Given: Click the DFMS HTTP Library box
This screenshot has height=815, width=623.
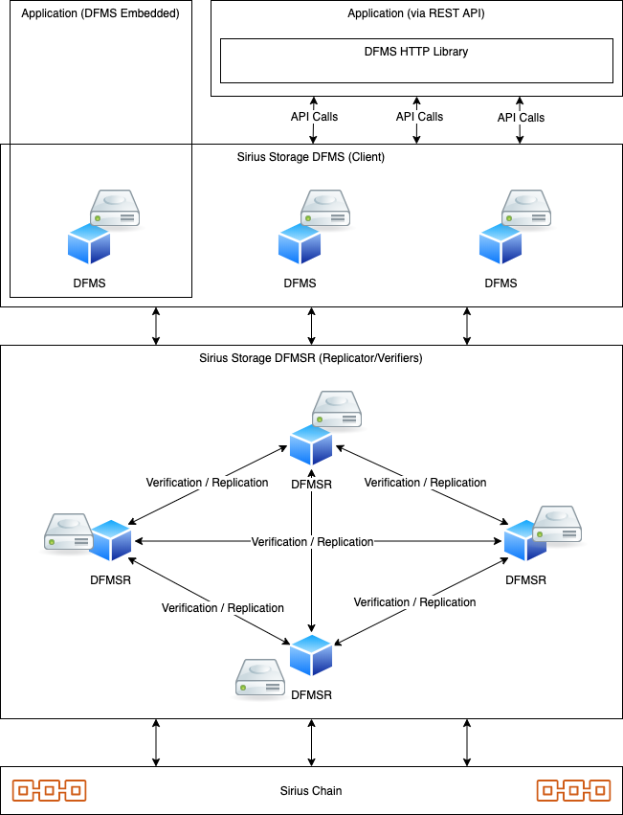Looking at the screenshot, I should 416,61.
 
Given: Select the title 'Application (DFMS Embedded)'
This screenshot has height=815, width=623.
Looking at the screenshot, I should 100,14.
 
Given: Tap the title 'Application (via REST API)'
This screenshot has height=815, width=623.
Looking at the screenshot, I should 416,14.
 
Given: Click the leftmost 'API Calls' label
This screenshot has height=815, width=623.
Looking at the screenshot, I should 314,117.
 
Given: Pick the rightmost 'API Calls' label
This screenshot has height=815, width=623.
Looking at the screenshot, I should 521,117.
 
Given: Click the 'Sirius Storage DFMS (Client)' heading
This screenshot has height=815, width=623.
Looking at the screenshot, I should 310,156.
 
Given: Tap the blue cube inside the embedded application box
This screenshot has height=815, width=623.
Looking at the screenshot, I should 89,243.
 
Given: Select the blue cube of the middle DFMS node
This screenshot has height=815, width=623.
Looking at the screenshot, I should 300,243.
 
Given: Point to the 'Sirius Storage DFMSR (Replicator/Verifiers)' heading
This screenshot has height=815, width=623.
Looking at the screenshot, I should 310,358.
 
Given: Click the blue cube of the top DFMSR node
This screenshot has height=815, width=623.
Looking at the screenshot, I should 311,444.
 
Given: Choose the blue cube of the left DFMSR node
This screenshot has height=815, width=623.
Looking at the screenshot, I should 110,540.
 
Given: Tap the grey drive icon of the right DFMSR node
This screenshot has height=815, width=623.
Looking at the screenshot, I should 558,523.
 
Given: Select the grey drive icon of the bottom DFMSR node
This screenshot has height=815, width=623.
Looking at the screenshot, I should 260,677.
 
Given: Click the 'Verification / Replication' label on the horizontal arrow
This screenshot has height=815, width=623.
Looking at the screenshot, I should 312,542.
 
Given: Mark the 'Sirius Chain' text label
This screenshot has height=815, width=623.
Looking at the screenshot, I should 311,791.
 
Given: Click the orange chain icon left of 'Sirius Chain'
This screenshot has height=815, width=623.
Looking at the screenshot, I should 49,790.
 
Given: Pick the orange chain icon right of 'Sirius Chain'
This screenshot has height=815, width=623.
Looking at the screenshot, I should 573,790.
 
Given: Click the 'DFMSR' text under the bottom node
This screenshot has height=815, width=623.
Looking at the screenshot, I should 311,694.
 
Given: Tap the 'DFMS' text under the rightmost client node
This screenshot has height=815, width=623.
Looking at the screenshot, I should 501,283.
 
